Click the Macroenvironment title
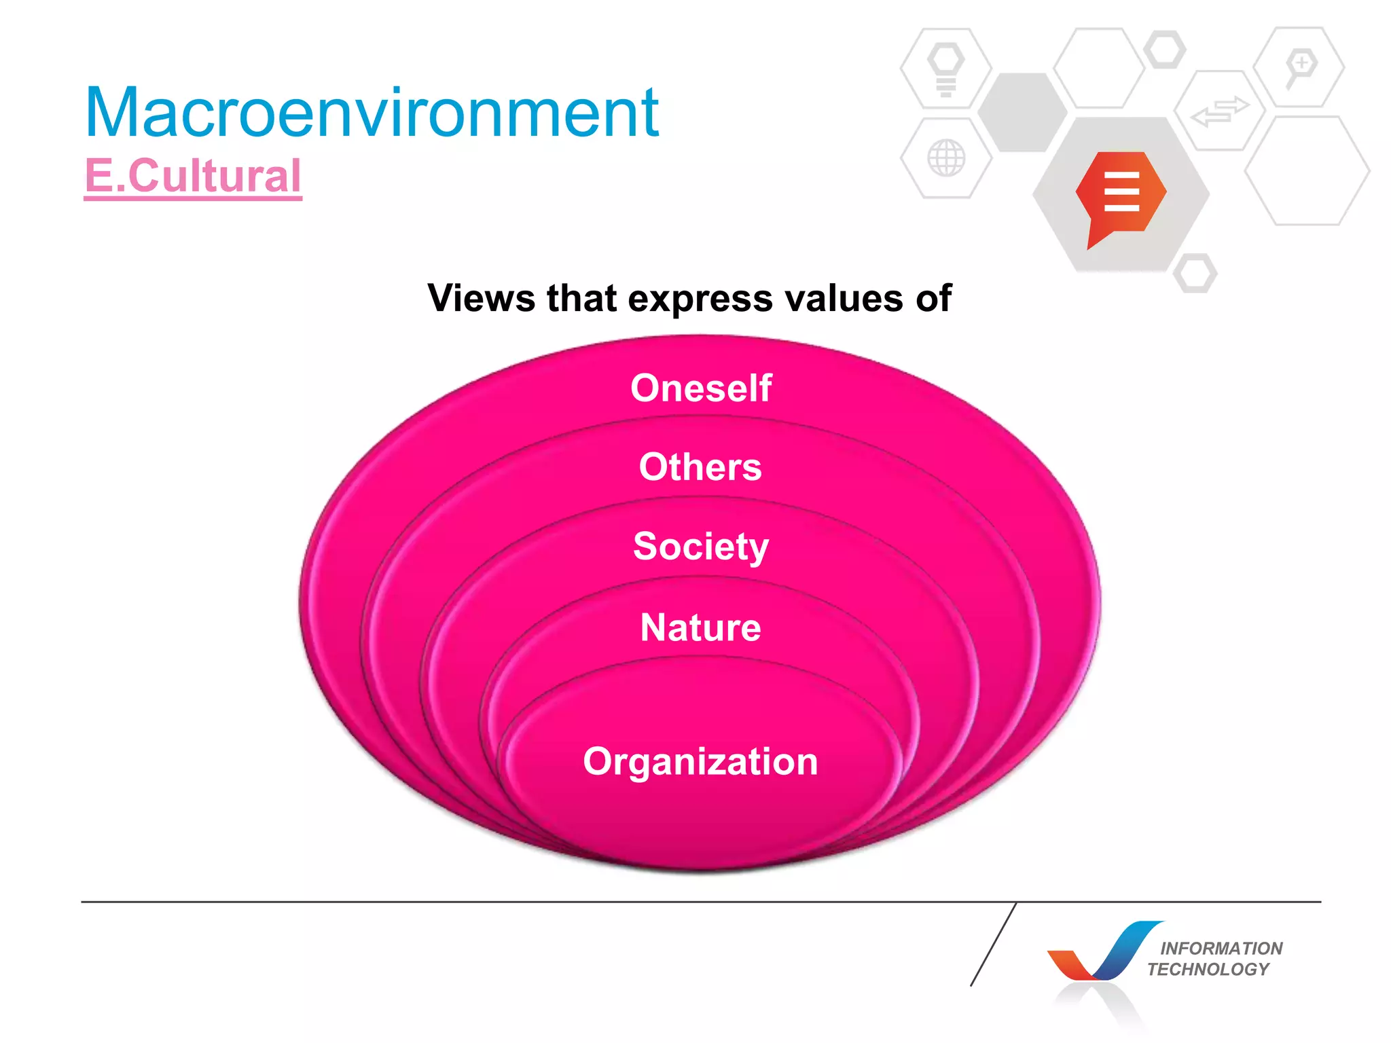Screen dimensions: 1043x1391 372,113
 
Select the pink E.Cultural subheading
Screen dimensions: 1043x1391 193,176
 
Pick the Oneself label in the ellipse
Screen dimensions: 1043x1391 701,388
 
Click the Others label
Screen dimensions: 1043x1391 700,467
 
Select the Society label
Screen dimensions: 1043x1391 701,547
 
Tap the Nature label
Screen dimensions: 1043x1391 700,627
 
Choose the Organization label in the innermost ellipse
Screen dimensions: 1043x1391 700,762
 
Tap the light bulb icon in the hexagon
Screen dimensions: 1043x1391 946,69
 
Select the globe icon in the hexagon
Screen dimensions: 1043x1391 946,158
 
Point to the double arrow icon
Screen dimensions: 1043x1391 1220,111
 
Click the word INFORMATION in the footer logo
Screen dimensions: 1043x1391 1221,948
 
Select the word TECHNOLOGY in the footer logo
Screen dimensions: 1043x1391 1208,969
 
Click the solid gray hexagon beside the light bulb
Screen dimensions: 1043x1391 1022,112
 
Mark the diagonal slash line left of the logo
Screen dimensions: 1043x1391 993,945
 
